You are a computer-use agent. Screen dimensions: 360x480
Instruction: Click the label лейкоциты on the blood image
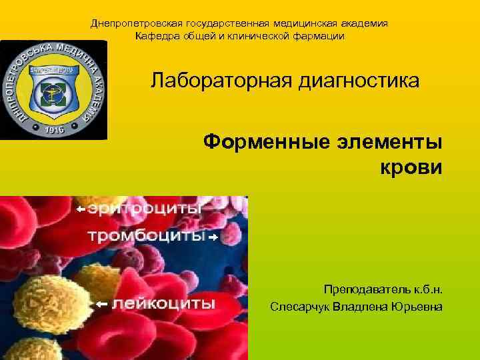163,304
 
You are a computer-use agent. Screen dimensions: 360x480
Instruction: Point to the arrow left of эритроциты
81,209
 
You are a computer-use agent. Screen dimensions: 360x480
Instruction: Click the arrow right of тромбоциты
213,237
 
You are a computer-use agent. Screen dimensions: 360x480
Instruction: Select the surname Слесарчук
299,307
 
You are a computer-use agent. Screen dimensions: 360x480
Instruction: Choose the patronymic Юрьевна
416,307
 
